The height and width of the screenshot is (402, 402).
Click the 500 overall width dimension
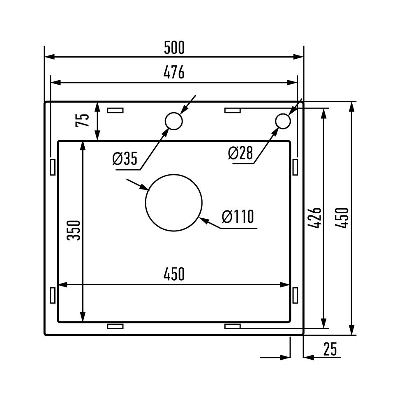(174, 48)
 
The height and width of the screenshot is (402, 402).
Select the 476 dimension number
(174, 72)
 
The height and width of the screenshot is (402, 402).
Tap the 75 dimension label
(82, 120)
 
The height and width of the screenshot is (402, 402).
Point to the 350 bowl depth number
(74, 230)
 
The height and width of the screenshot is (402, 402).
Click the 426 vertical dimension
(314, 218)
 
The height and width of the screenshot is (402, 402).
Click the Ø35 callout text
(125, 158)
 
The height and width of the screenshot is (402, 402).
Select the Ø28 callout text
(240, 153)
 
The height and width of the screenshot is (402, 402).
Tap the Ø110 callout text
(238, 216)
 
